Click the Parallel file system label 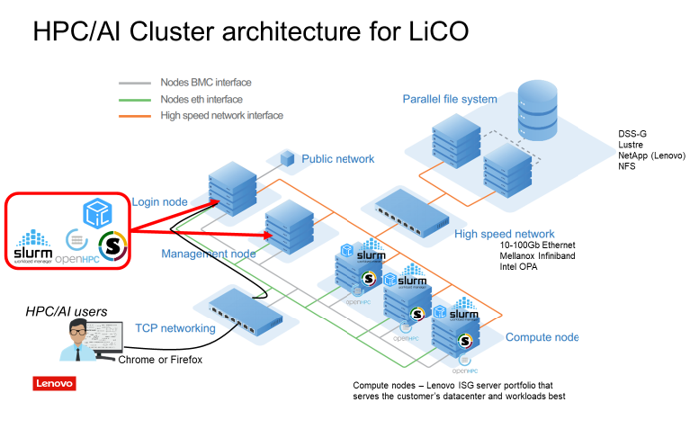tap(449, 99)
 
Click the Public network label tap(338, 158)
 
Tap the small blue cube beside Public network tap(288, 157)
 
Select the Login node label tap(160, 203)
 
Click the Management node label tap(208, 253)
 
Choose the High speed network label tap(504, 234)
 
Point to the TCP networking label tap(175, 328)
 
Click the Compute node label tap(542, 337)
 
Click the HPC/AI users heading tap(66, 313)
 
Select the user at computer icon tap(83, 345)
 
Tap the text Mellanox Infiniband tap(529, 255)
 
